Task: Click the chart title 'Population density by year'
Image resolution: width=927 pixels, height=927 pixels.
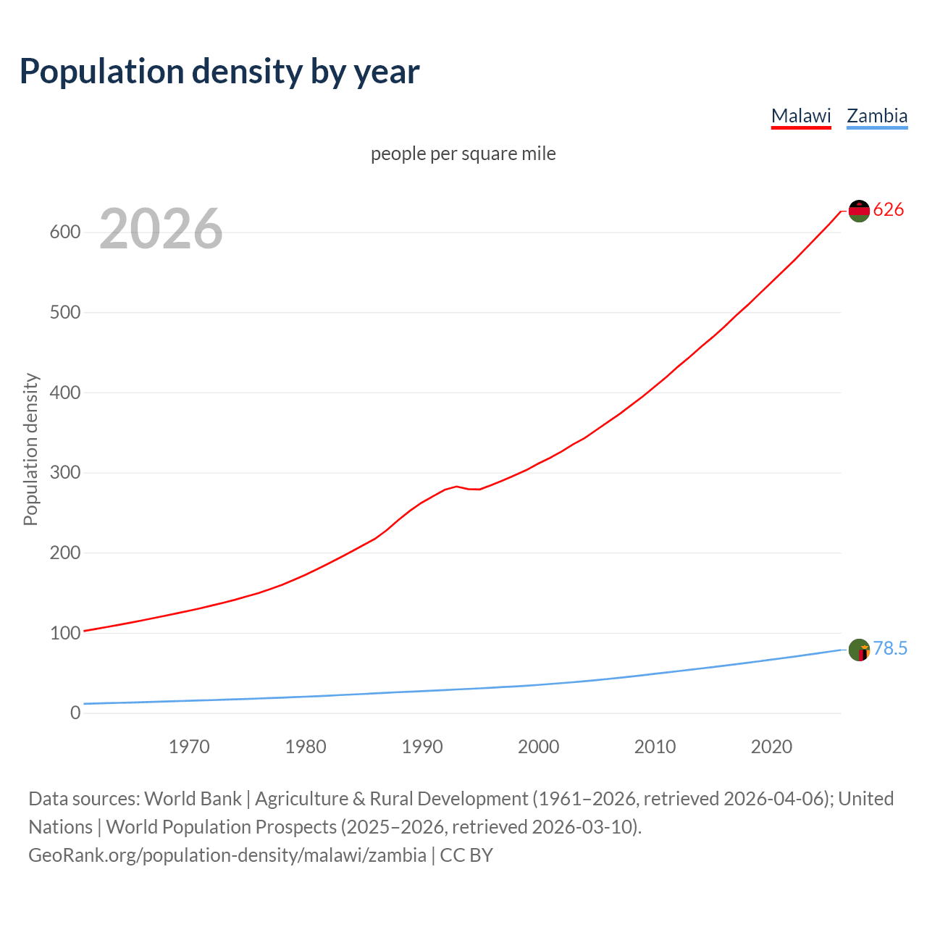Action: tap(219, 72)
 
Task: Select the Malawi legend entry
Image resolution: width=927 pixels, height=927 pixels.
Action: tap(801, 116)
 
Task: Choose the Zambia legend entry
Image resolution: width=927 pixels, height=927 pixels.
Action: tap(877, 116)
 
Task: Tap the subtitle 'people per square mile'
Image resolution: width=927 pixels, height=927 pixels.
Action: tap(463, 154)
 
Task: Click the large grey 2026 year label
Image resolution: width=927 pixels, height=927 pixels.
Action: tap(161, 229)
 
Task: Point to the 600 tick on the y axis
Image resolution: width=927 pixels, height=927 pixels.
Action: tap(64, 232)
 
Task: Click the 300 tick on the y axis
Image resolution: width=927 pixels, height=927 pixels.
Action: tap(64, 473)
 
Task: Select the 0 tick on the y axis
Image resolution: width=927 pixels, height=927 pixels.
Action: tap(75, 713)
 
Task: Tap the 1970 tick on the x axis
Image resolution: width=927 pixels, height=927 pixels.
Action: tap(189, 747)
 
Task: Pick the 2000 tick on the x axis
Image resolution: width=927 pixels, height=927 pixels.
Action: tap(538, 747)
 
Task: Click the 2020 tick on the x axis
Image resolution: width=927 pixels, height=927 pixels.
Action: tap(771, 747)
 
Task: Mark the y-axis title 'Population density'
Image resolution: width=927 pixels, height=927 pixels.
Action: tap(30, 449)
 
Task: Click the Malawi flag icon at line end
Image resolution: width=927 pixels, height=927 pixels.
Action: tap(859, 211)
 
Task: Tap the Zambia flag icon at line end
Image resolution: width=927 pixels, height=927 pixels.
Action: tap(859, 650)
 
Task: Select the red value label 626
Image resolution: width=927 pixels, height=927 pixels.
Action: tap(889, 210)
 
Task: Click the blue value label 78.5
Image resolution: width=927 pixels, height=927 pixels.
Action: tap(890, 649)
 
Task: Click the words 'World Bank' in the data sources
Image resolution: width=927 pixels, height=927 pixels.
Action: tap(193, 799)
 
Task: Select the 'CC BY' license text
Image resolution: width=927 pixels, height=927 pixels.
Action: tap(466, 855)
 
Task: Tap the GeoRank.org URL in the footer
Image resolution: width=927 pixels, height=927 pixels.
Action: tap(227, 855)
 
